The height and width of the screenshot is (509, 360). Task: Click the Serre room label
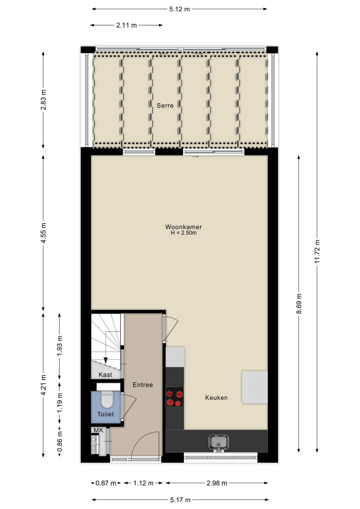point(165,106)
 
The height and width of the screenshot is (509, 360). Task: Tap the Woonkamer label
point(183,227)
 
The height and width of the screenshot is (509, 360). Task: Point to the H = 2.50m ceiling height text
point(184,233)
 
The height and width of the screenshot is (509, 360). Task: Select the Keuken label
point(216,398)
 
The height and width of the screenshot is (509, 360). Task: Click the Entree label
point(143,385)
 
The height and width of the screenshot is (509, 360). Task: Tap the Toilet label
point(106,414)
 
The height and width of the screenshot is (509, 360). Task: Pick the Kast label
point(105,375)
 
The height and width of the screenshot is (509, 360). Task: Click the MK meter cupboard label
point(98,430)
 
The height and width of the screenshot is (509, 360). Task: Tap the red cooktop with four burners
point(175,397)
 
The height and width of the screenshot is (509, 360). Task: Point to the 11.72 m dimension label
point(317,251)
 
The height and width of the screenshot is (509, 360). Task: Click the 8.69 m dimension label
point(299,304)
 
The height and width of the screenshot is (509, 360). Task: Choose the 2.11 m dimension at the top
point(126,25)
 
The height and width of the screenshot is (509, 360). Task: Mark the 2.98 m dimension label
point(217,483)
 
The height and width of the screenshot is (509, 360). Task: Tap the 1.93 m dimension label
point(60,346)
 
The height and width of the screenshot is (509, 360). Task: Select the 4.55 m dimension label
point(43,233)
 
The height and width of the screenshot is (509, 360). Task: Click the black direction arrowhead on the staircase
point(106,361)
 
